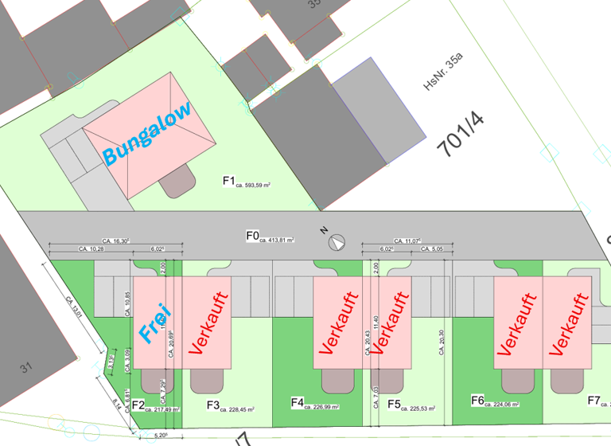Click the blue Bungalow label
(149, 134)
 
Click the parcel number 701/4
(461, 135)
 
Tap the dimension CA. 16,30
(115, 240)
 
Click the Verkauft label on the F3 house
(208, 323)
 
